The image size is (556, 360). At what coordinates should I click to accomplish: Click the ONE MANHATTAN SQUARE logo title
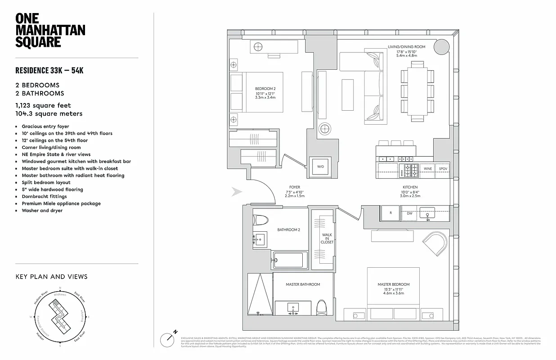tap(50, 30)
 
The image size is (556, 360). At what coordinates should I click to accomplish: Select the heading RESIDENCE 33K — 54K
tap(49, 71)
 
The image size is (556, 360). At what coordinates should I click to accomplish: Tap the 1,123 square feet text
tap(43, 106)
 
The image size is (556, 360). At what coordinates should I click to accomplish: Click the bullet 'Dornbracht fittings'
tap(44, 197)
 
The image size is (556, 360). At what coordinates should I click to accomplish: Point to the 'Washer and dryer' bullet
tap(42, 211)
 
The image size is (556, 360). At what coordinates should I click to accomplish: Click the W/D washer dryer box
tap(320, 167)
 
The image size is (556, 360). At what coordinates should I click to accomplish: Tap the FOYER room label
tap(295, 187)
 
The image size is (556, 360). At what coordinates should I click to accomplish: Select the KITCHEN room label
tap(410, 187)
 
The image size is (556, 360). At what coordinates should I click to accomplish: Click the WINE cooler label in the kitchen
tap(427, 169)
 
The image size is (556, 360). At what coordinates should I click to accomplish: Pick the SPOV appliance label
tap(443, 169)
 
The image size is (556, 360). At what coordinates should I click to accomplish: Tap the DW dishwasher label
tap(409, 213)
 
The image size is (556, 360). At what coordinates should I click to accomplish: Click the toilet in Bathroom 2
tap(260, 220)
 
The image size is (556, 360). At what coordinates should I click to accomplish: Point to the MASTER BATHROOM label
tap(303, 284)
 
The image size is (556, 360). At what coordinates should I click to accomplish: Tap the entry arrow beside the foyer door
tap(236, 192)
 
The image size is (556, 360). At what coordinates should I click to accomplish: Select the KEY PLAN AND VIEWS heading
tap(51, 277)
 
